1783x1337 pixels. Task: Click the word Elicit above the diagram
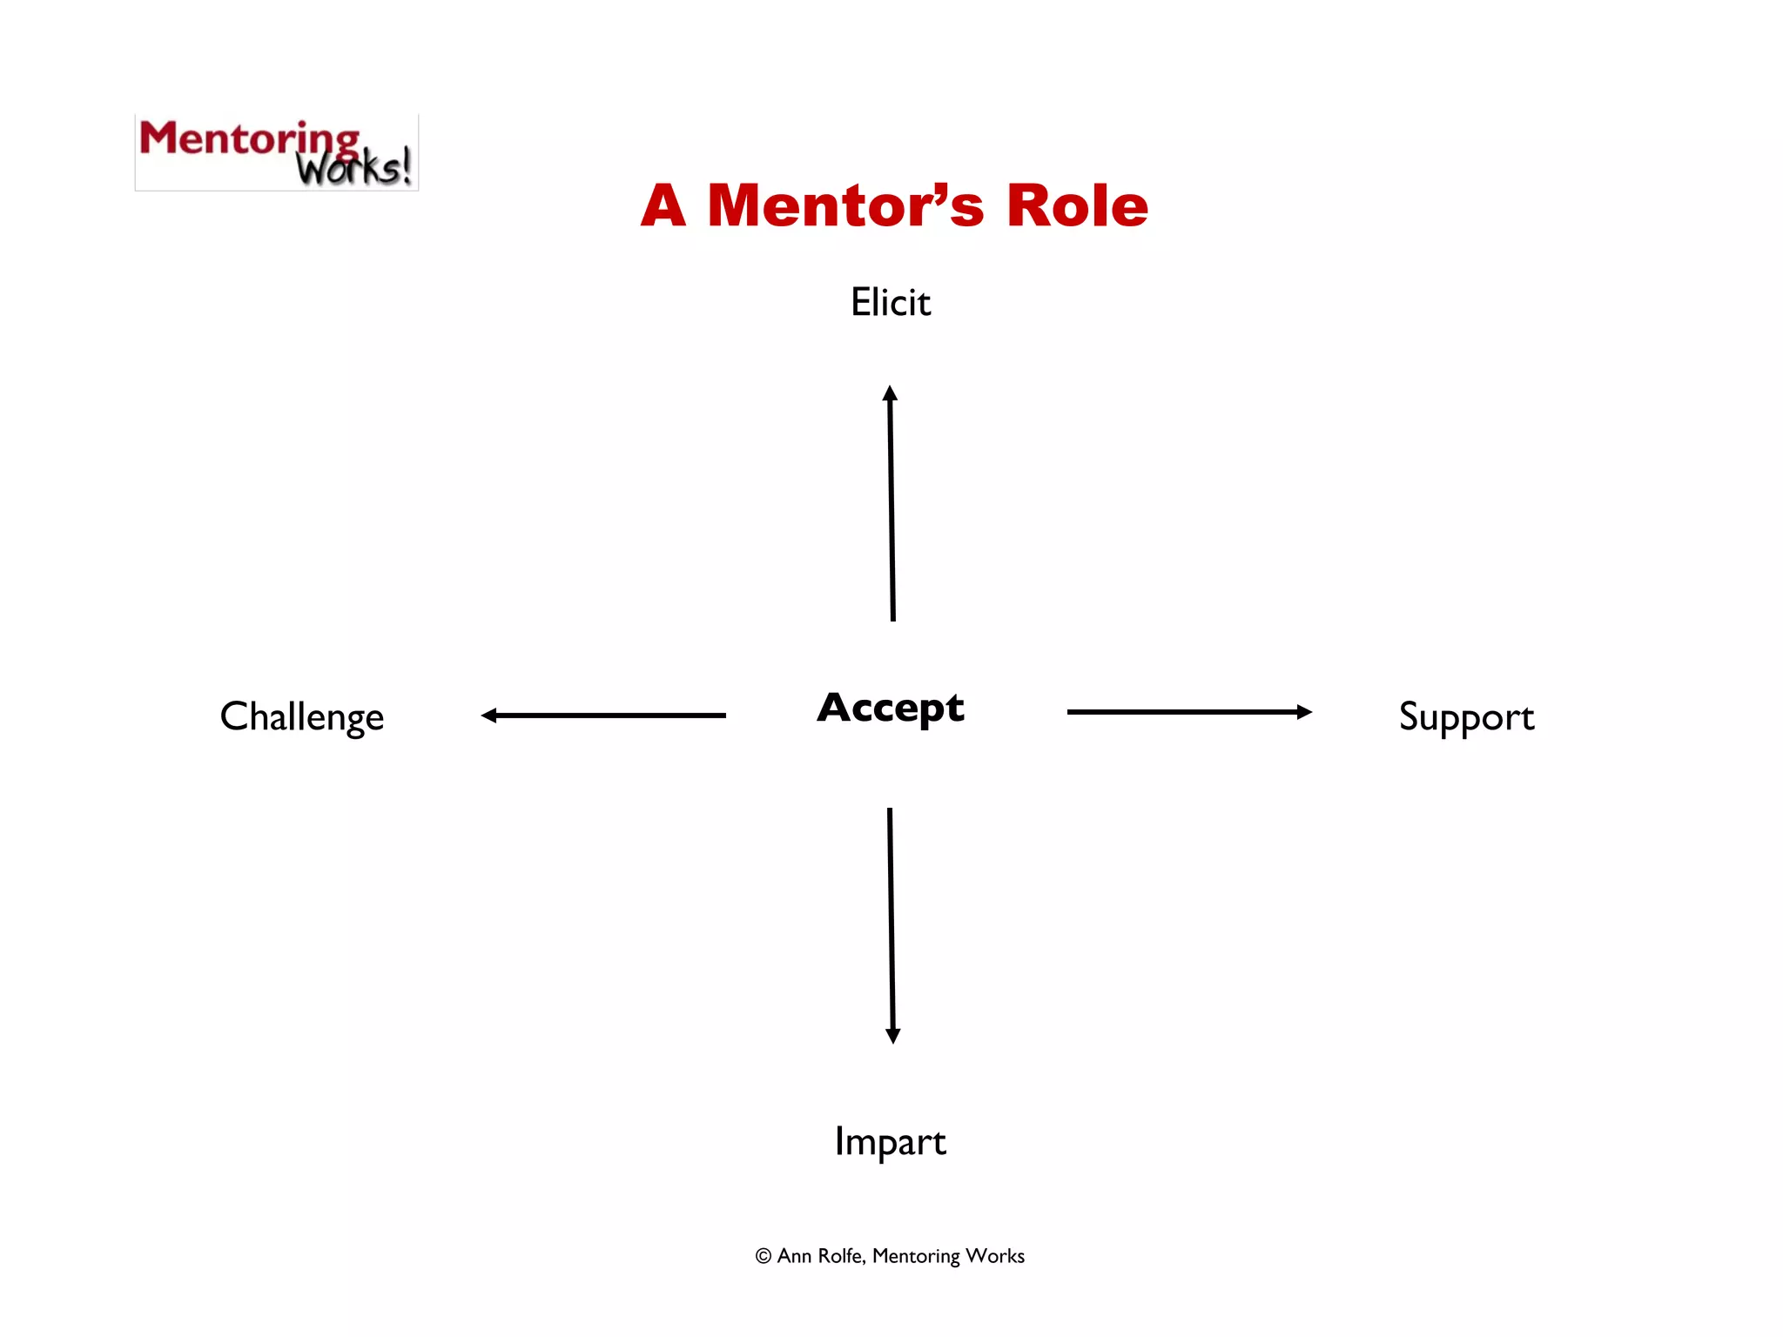(891, 303)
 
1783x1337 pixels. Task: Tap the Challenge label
(301, 717)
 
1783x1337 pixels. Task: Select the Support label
(1466, 717)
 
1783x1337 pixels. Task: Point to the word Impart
(890, 1141)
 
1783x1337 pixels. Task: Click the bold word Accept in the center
(891, 708)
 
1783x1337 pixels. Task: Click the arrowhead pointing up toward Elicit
(890, 393)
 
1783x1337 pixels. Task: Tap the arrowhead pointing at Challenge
(489, 716)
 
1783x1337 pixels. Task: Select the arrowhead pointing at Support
(1303, 712)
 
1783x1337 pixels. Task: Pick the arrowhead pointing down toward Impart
(892, 1035)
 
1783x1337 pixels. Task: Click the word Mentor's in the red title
(845, 206)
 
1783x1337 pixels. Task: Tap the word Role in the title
(1077, 206)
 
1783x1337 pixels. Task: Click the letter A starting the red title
(663, 206)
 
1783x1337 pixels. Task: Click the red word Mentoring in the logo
(248, 139)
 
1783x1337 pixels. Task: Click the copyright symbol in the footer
(764, 1256)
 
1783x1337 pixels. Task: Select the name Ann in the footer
(794, 1256)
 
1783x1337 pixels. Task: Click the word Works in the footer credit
(995, 1256)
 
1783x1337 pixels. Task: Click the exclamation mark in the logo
(406, 165)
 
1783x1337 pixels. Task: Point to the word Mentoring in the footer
(916, 1256)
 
